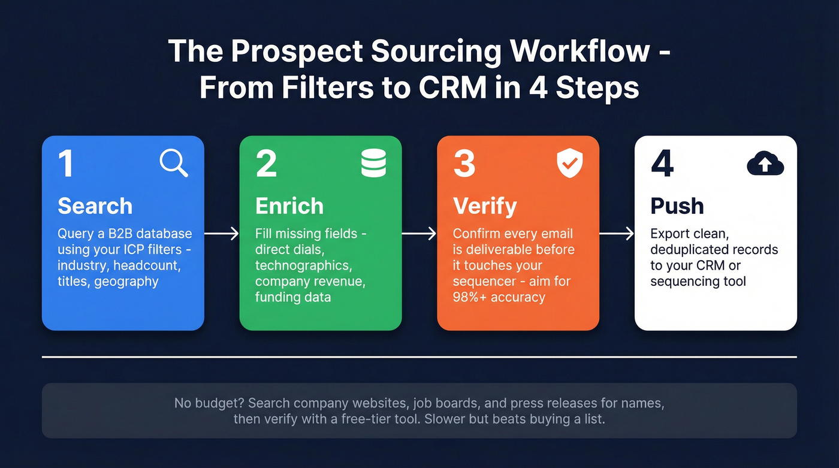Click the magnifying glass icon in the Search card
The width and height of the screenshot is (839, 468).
pyautogui.click(x=174, y=164)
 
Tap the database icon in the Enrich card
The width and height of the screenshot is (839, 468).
pyautogui.click(x=373, y=164)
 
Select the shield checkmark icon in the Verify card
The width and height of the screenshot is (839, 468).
pyautogui.click(x=569, y=164)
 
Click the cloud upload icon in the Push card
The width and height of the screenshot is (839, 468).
pyautogui.click(x=765, y=164)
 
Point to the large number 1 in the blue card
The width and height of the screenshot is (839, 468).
pyautogui.click(x=66, y=164)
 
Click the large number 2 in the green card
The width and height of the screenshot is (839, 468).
pyautogui.click(x=266, y=164)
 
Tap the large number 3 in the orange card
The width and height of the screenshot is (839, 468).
pyautogui.click(x=464, y=164)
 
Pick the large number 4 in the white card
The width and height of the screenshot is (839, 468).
pyautogui.click(x=662, y=164)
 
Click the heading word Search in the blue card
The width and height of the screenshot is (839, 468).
pyautogui.click(x=95, y=206)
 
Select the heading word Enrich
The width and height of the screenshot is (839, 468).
pyautogui.click(x=289, y=206)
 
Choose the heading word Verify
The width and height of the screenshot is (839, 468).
pyautogui.click(x=485, y=206)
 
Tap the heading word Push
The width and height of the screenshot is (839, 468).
pyautogui.click(x=677, y=206)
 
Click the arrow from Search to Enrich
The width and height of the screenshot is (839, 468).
pyautogui.click(x=222, y=234)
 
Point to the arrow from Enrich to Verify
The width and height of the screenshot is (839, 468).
pyautogui.click(x=419, y=234)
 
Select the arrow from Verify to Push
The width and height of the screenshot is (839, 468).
pyautogui.click(x=617, y=234)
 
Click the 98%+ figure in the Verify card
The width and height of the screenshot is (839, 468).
pyautogui.click(x=470, y=297)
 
